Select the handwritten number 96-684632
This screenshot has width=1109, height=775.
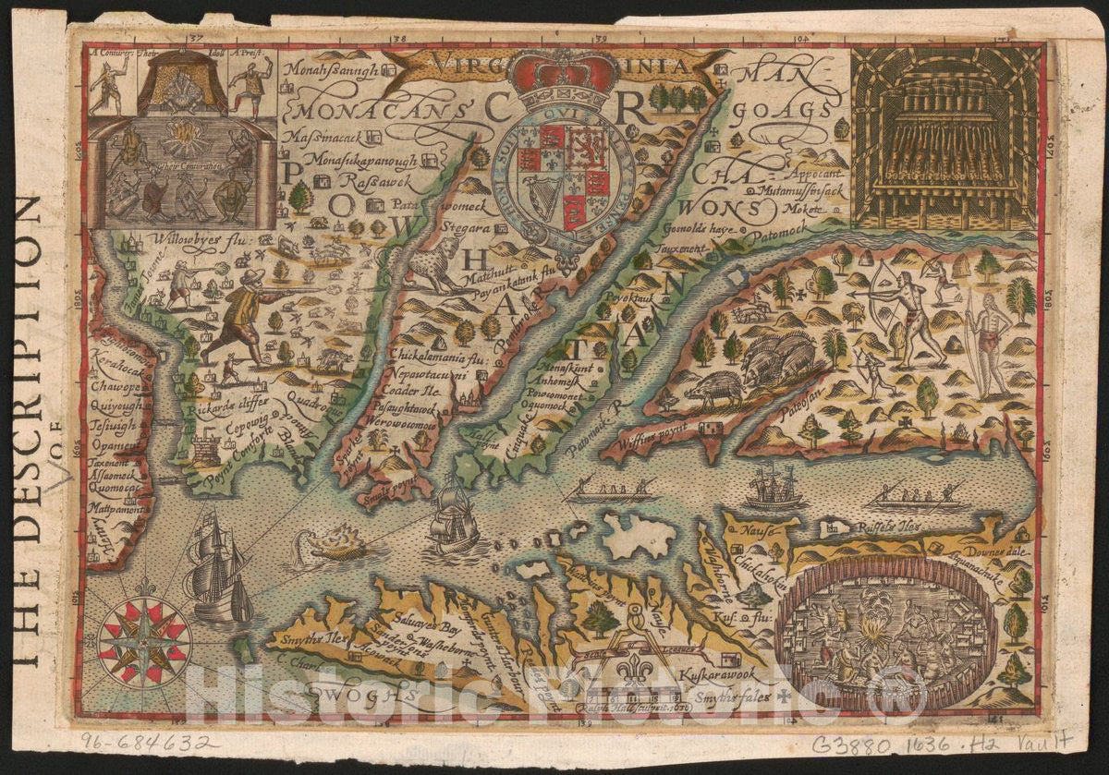pyautogui.click(x=149, y=743)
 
